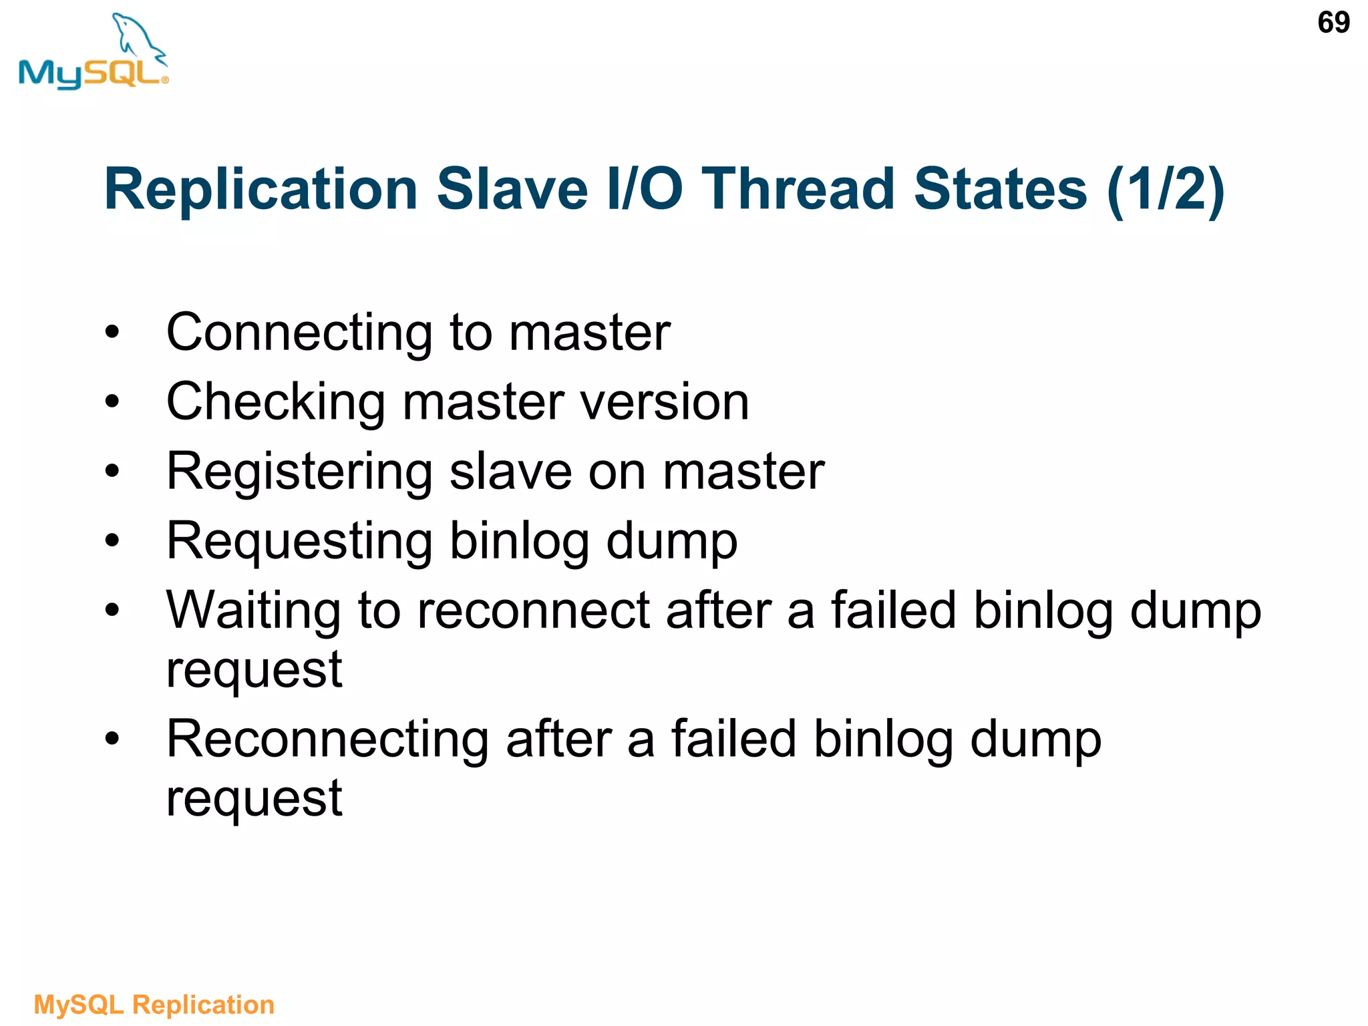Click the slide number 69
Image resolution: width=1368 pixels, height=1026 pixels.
tap(1333, 23)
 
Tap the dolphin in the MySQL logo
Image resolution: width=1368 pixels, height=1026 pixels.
tap(137, 37)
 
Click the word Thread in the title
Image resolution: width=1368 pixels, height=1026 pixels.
tap(798, 189)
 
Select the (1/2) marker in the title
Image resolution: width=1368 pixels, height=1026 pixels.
tap(1166, 189)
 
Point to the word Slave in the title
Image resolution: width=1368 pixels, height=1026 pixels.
tap(512, 189)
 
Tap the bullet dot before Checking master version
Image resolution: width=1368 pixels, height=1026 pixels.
tap(112, 401)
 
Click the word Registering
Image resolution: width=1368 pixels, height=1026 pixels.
tap(299, 472)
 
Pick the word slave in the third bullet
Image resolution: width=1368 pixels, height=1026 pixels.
tap(510, 472)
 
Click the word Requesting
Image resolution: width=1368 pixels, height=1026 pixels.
tap(299, 542)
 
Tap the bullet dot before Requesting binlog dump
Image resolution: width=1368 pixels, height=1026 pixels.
tap(112, 540)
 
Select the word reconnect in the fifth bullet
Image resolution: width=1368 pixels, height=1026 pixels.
tap(534, 611)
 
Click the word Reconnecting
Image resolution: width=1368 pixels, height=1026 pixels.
tap(328, 740)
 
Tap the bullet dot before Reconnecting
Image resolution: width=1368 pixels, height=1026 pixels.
tap(112, 738)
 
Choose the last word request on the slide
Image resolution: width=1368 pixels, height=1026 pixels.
tap(254, 799)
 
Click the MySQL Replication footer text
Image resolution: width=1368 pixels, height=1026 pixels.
tap(154, 1005)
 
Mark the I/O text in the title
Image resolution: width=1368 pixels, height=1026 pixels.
tap(645, 189)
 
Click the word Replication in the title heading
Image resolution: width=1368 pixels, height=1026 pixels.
tap(261, 189)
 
